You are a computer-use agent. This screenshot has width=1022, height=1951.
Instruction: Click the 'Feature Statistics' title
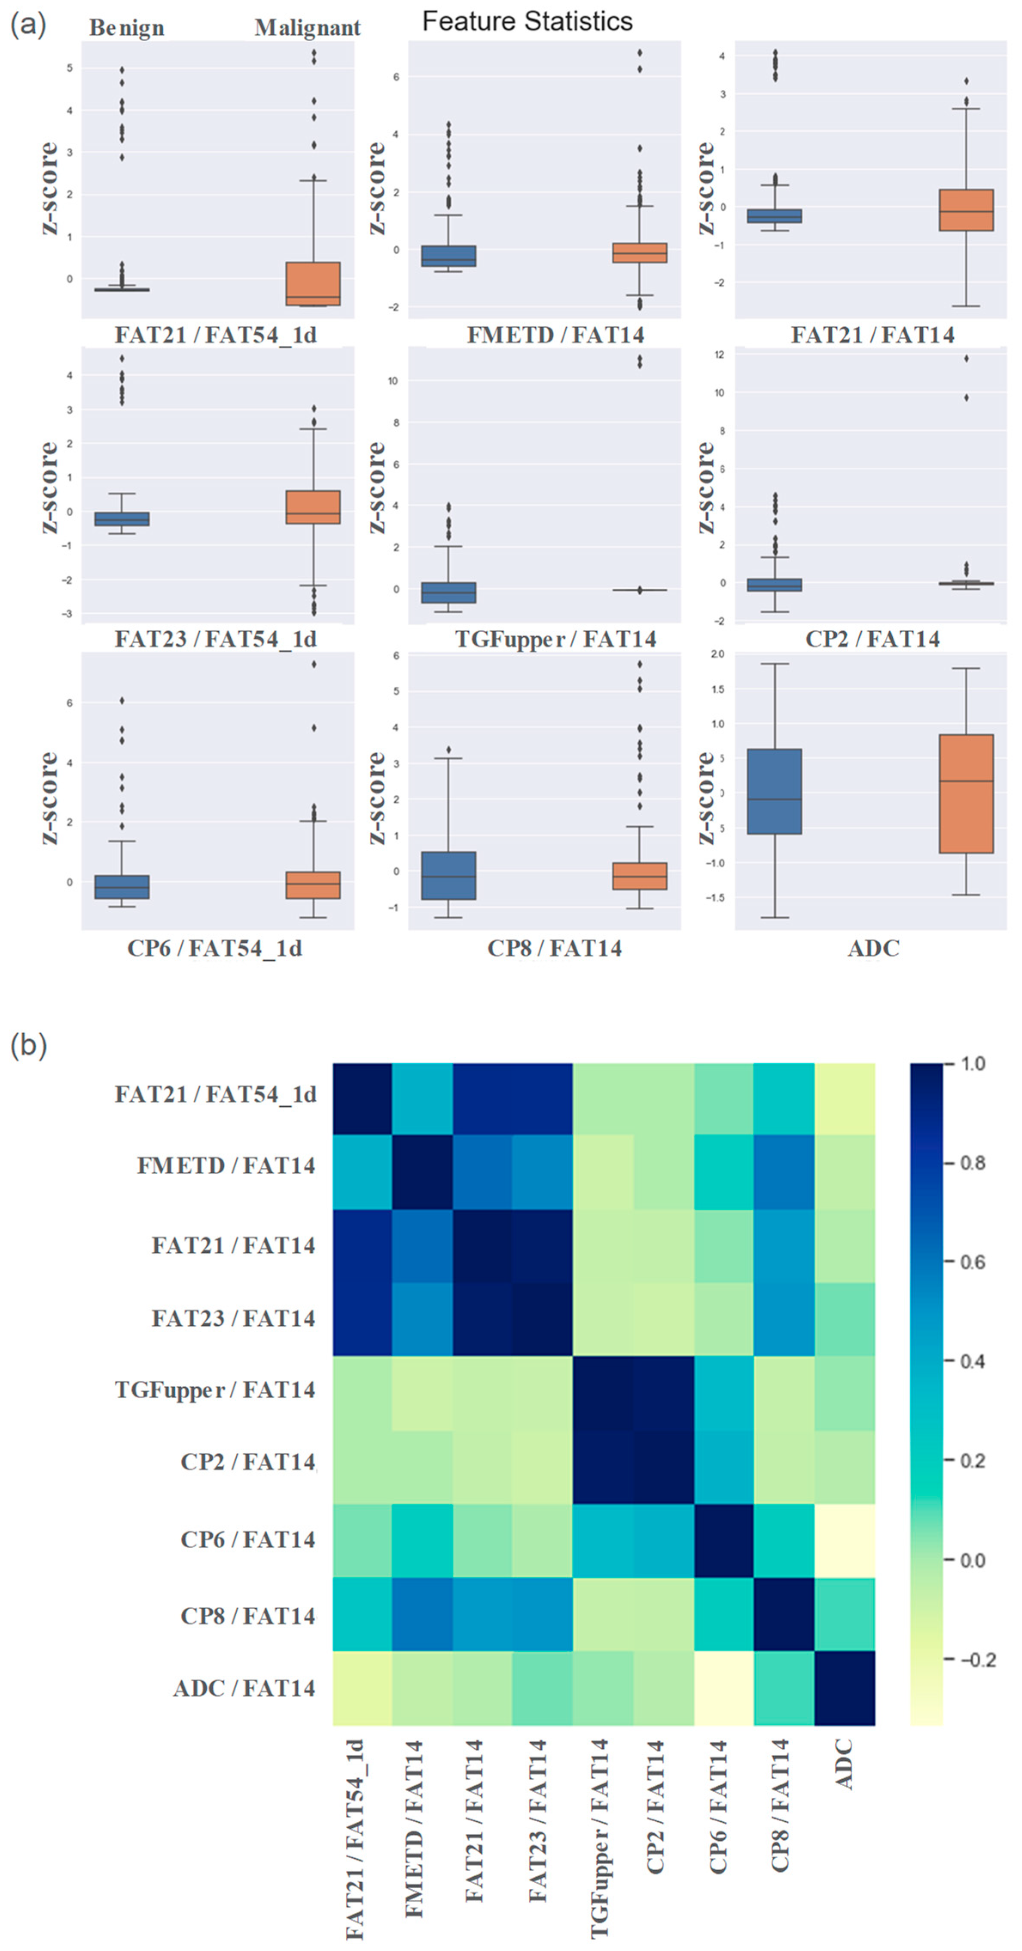point(527,21)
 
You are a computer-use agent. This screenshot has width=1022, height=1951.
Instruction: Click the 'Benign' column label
point(127,28)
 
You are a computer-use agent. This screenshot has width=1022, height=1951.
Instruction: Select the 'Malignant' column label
point(307,28)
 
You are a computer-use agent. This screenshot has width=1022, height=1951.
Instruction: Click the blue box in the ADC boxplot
point(774,791)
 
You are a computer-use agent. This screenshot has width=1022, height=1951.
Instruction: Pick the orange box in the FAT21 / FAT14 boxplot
point(966,210)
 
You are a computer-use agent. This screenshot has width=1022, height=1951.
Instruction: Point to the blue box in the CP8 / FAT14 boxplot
point(448,876)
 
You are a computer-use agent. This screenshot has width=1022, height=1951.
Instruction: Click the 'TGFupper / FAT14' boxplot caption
point(555,640)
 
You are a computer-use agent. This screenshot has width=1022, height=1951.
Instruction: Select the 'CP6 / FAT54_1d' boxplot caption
point(214,948)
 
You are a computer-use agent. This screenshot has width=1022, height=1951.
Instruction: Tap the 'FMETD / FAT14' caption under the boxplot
point(555,335)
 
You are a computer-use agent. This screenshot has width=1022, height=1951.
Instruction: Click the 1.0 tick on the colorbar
point(973,1064)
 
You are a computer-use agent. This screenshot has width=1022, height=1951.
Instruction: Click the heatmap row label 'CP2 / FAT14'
point(247,1462)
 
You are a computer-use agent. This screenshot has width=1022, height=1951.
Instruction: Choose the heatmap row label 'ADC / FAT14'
point(244,1688)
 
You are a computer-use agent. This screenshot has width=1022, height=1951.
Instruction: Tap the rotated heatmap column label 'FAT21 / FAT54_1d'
point(354,1841)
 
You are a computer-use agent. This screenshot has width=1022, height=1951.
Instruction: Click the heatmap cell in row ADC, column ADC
point(845,1688)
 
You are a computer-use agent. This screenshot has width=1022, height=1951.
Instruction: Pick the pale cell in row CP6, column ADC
point(845,1540)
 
